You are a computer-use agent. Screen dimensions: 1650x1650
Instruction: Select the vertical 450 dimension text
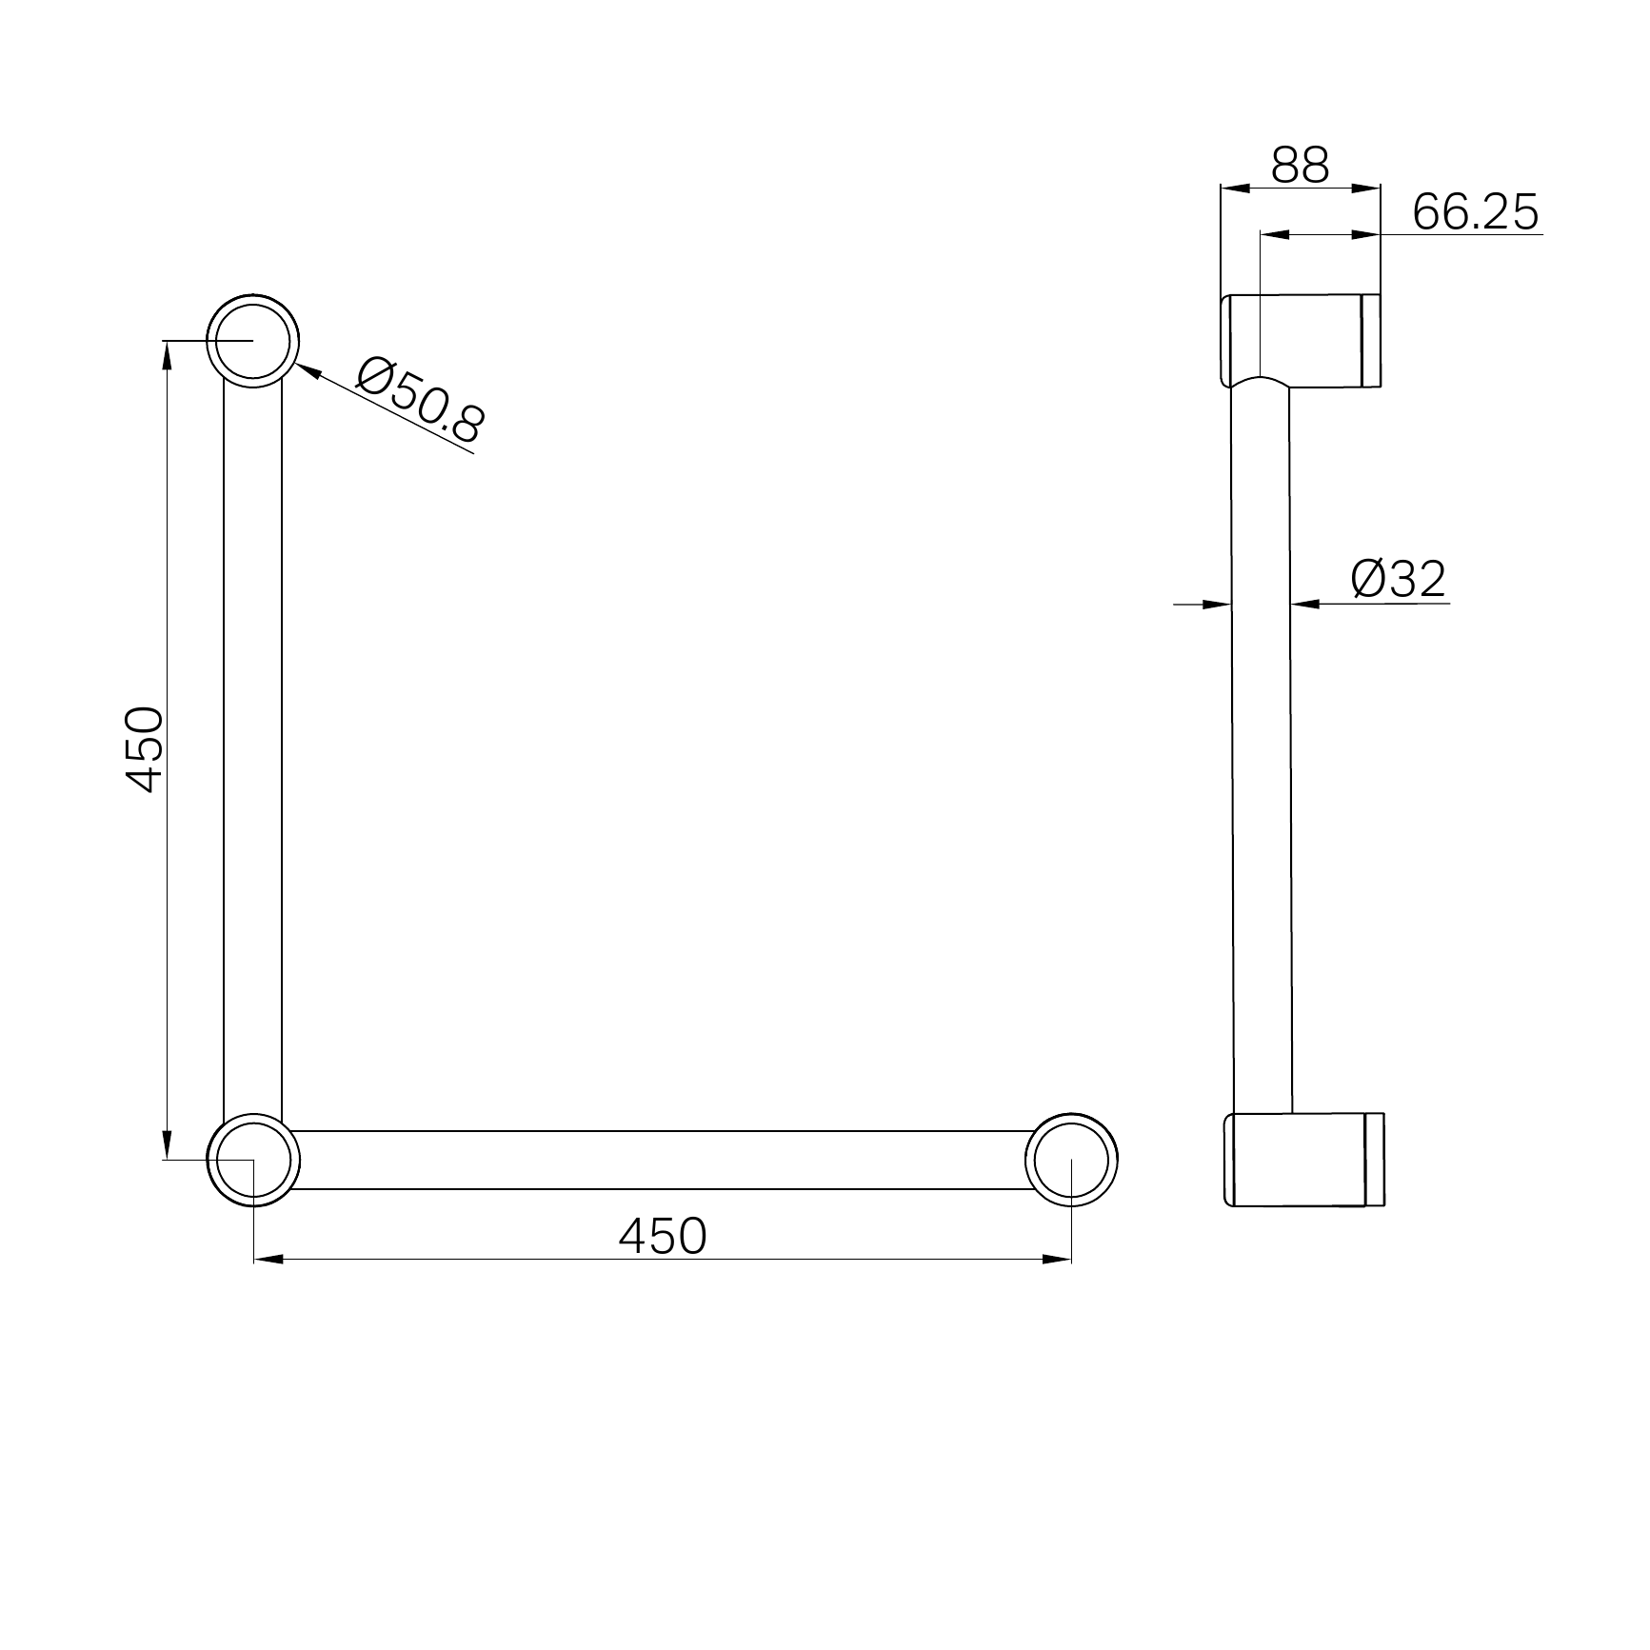(x=146, y=749)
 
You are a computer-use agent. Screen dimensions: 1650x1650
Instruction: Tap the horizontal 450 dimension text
(x=663, y=1236)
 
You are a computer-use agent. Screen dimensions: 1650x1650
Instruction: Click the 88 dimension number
(x=1300, y=166)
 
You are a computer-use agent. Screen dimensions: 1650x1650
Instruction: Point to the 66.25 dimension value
(x=1475, y=211)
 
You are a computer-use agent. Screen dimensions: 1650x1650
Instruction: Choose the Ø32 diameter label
(x=1398, y=579)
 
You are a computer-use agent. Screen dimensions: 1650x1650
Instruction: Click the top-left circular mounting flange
(x=253, y=340)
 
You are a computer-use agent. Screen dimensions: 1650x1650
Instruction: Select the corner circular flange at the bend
(x=253, y=1159)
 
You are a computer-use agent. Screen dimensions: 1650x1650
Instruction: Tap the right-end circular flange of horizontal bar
(x=1071, y=1159)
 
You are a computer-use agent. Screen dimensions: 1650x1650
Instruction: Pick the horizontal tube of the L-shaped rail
(x=663, y=1160)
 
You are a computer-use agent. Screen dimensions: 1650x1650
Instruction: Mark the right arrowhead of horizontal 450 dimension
(x=1057, y=1259)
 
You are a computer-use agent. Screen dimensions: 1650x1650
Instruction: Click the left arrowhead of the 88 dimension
(x=1235, y=189)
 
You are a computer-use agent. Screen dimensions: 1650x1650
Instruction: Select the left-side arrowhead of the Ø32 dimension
(x=1218, y=604)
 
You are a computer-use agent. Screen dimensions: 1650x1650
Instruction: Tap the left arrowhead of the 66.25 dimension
(x=1274, y=234)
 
